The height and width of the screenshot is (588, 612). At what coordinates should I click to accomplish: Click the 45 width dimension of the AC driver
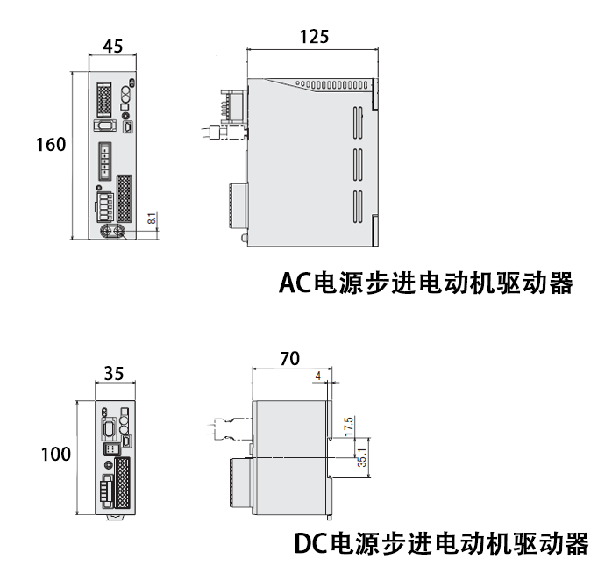click(112, 47)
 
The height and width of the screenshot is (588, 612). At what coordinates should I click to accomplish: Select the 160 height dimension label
click(51, 145)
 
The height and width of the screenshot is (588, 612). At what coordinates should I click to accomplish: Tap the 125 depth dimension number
click(313, 36)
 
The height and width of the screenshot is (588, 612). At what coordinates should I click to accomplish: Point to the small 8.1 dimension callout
click(151, 219)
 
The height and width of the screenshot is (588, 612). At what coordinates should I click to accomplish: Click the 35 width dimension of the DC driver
click(113, 374)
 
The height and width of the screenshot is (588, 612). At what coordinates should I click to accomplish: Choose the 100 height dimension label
click(55, 455)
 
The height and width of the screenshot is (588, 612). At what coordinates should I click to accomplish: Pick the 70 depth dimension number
click(289, 358)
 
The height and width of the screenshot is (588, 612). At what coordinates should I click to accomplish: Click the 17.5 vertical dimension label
click(349, 427)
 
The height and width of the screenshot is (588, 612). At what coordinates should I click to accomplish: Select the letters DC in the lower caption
click(310, 543)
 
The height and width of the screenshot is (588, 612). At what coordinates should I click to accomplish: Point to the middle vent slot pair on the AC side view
click(358, 162)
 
